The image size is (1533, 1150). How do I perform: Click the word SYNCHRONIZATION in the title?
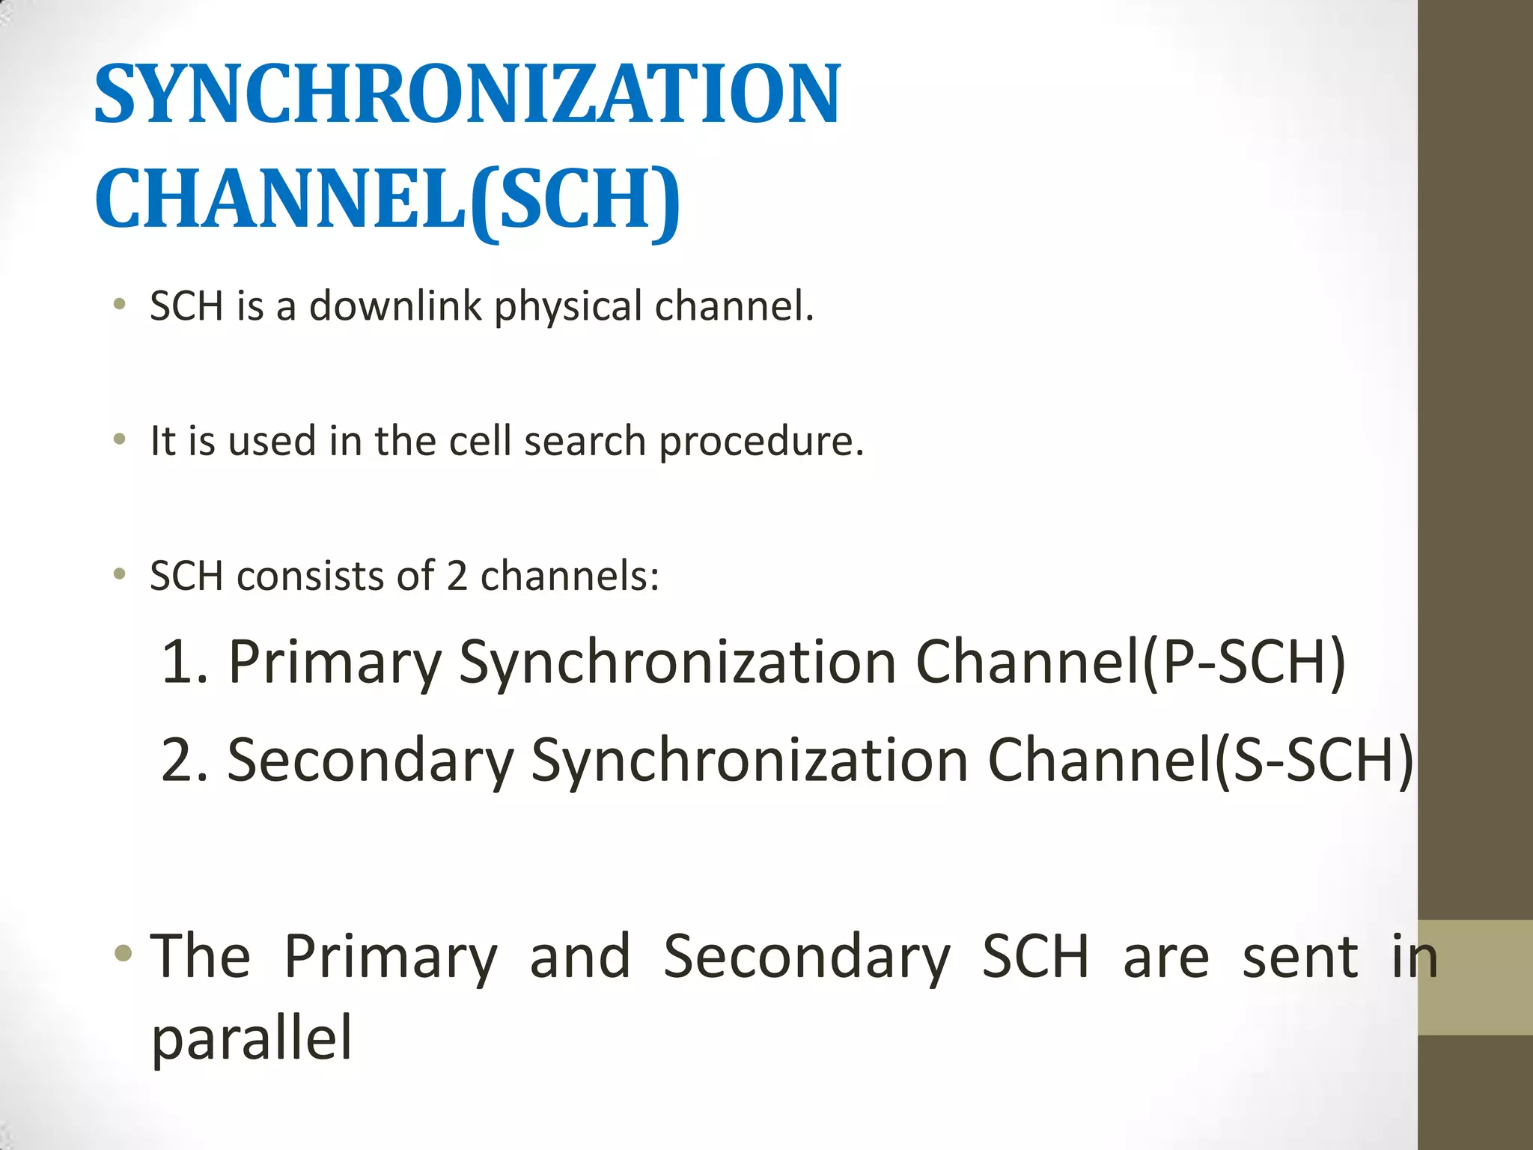click(x=468, y=95)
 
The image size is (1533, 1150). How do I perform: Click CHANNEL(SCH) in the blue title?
click(x=388, y=199)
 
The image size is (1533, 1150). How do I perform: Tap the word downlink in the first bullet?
click(x=395, y=306)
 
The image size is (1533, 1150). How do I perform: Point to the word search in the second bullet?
click(x=585, y=441)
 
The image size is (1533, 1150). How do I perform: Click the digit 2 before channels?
click(x=457, y=576)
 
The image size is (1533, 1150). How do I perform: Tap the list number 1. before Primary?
click(x=184, y=662)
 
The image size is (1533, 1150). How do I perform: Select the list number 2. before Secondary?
click(x=184, y=760)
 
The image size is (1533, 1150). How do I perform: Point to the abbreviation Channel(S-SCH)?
click(x=1201, y=760)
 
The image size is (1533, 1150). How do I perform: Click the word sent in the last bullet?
click(x=1299, y=957)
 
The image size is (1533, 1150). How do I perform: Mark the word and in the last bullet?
click(x=580, y=957)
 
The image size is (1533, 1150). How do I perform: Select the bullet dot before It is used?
click(x=119, y=439)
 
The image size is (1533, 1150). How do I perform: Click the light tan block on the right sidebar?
click(x=1475, y=978)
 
